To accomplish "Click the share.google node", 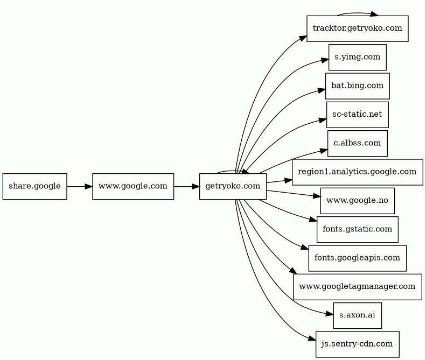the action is [35, 187].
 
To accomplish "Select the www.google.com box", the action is [133, 187].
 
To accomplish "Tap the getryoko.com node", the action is [233, 187].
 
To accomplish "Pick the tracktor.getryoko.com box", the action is [358, 29].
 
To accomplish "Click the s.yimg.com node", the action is [358, 57].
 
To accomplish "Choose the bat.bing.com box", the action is [358, 86].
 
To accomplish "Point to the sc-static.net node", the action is [358, 115].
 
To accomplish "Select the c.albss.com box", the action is [358, 143].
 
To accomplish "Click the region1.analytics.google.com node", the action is [358, 172].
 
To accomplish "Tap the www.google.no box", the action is [358, 201].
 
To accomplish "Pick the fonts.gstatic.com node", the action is [358, 229].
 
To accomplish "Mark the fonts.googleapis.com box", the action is [358, 258].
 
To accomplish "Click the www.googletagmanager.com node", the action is [358, 287].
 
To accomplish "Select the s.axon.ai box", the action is [358, 315].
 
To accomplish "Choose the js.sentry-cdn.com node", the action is [358, 344].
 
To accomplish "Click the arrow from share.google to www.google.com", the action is [80, 187].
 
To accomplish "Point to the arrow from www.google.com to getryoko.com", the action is [187, 187].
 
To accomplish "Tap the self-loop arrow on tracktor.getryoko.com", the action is [358, 13].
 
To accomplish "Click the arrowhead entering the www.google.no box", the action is [317, 196].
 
